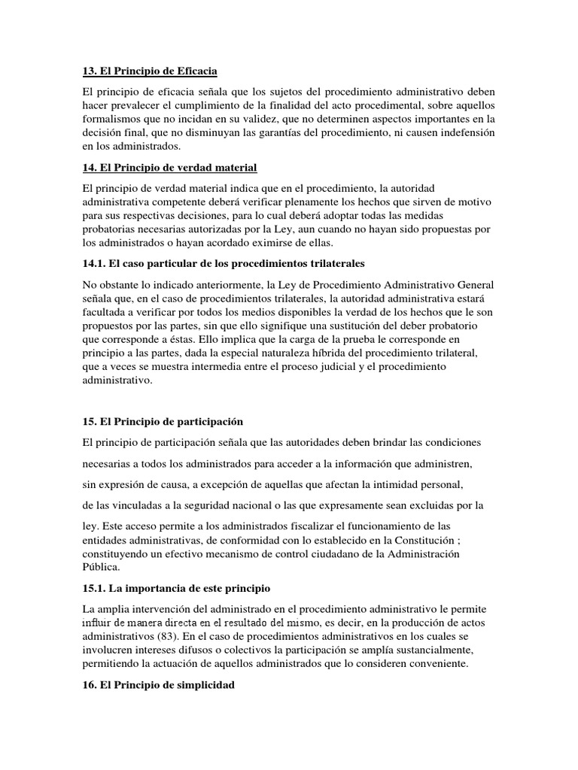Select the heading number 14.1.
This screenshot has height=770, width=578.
[96, 264]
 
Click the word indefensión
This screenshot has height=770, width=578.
[464, 132]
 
